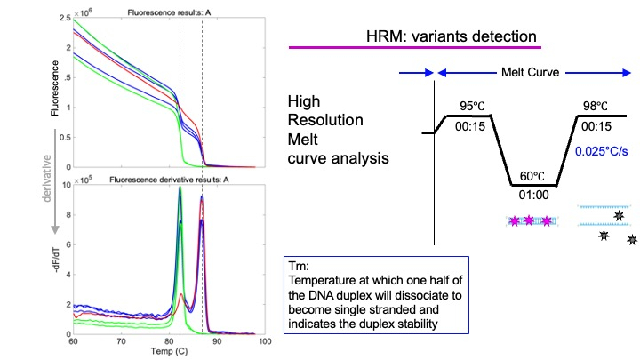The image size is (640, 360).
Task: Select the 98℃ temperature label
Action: click(x=598, y=108)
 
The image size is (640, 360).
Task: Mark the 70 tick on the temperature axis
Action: click(x=108, y=342)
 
